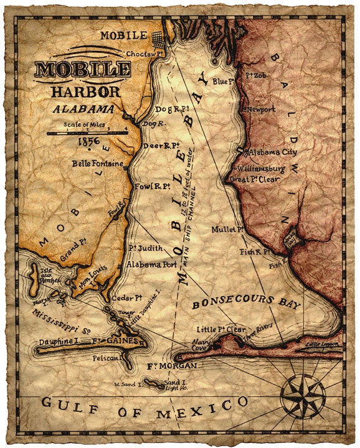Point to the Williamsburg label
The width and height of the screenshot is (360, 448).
click(260, 169)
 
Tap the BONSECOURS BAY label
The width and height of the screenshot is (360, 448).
click(246, 303)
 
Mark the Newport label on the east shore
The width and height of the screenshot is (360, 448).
click(262, 108)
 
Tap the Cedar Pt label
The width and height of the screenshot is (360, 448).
click(115, 297)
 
